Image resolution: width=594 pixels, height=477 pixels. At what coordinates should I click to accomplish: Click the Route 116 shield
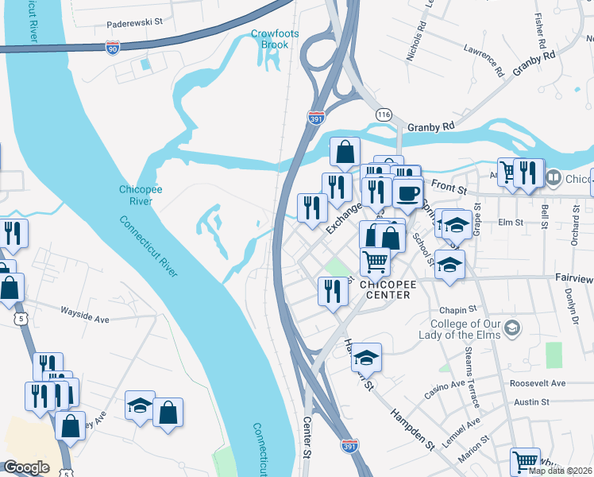pyautogui.click(x=384, y=114)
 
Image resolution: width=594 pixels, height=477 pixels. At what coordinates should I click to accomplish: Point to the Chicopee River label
pyautogui.click(x=141, y=196)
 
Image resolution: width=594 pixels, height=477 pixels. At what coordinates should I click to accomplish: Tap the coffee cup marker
pyautogui.click(x=408, y=193)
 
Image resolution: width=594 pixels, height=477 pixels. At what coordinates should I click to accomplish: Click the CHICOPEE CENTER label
pyautogui.click(x=384, y=289)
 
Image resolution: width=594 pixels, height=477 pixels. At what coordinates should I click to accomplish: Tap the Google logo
pyautogui.click(x=26, y=467)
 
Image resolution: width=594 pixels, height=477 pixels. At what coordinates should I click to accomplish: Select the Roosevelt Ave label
pyautogui.click(x=538, y=382)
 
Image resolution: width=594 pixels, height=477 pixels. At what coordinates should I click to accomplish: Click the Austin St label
pyautogui.click(x=531, y=402)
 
